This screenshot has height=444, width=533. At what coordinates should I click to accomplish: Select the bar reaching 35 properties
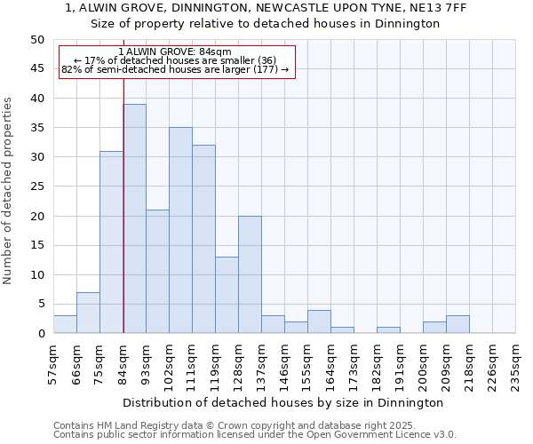[x=180, y=230]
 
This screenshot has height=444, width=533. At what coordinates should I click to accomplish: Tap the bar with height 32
[x=203, y=239]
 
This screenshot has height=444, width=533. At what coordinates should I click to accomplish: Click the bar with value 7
[x=88, y=313]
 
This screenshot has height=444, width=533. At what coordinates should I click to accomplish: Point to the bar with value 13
[x=227, y=295]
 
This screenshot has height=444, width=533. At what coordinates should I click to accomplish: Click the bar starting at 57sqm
[x=65, y=324]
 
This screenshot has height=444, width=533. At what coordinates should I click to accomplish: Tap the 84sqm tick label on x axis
[x=123, y=363]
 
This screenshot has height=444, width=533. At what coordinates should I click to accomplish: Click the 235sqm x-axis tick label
[x=515, y=363]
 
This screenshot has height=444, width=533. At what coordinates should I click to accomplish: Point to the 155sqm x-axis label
[x=307, y=363]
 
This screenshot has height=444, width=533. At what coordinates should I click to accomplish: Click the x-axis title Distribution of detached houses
[x=284, y=402]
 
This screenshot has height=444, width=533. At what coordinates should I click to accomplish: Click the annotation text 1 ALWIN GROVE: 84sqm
[x=175, y=52]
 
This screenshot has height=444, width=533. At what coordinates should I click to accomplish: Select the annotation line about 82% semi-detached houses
[x=175, y=69]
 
